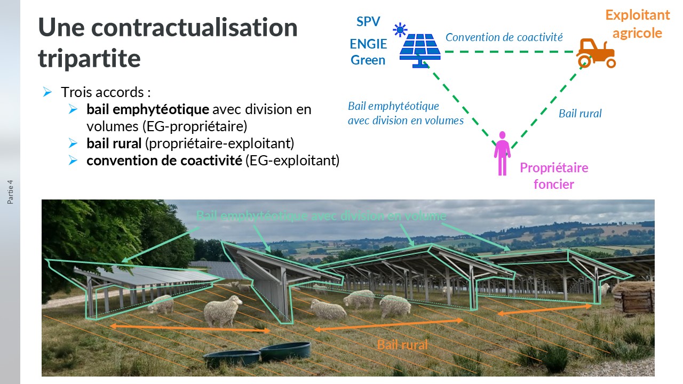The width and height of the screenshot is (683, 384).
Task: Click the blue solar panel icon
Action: tap(420, 51)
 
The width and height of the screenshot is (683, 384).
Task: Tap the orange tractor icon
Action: tap(596, 53)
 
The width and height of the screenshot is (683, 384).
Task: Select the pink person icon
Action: tap(502, 153)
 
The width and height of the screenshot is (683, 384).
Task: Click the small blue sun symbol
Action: tap(400, 30)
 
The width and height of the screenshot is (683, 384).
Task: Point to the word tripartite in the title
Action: tap(89, 59)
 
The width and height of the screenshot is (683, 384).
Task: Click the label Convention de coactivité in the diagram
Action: tap(504, 37)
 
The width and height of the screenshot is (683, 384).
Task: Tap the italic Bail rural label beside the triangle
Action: tap(580, 114)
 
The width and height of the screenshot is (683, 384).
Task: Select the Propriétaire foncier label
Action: tap(554, 176)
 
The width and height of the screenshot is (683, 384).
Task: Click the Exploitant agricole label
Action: tap(638, 24)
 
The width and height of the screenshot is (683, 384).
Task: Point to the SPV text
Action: tap(368, 22)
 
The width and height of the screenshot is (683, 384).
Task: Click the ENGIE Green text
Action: tap(368, 52)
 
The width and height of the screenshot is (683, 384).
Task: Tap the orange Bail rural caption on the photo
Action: tap(402, 345)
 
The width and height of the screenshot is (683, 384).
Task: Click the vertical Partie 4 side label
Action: tap(10, 192)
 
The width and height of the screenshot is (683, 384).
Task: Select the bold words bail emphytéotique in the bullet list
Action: tap(148, 109)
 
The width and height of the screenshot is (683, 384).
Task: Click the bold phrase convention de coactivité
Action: tap(164, 161)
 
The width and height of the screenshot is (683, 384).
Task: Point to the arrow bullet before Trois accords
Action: tap(47, 92)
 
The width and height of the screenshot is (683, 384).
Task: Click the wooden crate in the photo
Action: tap(633, 298)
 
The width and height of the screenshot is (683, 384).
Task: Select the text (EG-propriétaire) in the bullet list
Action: tap(195, 127)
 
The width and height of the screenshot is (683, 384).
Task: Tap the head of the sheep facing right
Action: tap(236, 301)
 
